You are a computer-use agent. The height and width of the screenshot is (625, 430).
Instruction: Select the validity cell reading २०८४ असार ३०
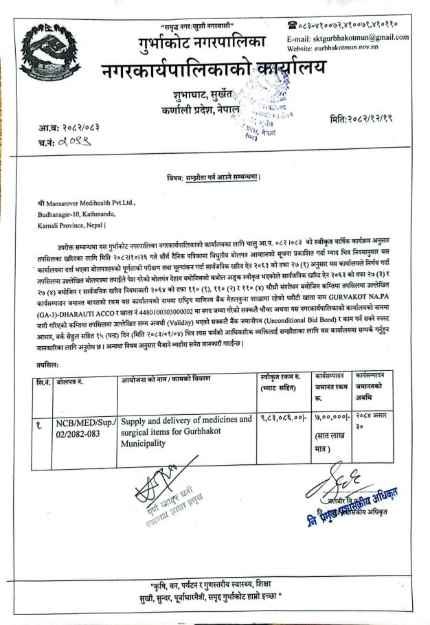tap(374, 423)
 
